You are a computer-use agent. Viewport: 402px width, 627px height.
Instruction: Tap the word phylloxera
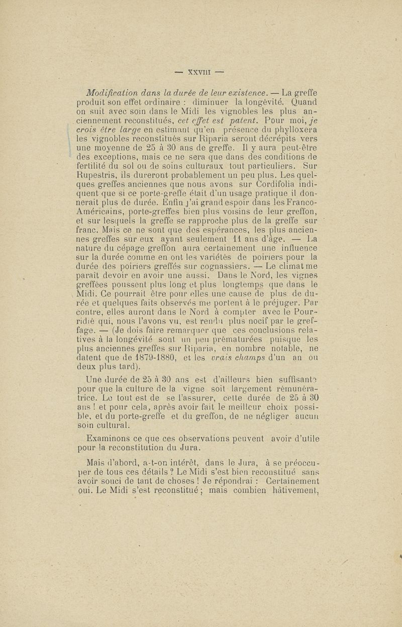point(301,133)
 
